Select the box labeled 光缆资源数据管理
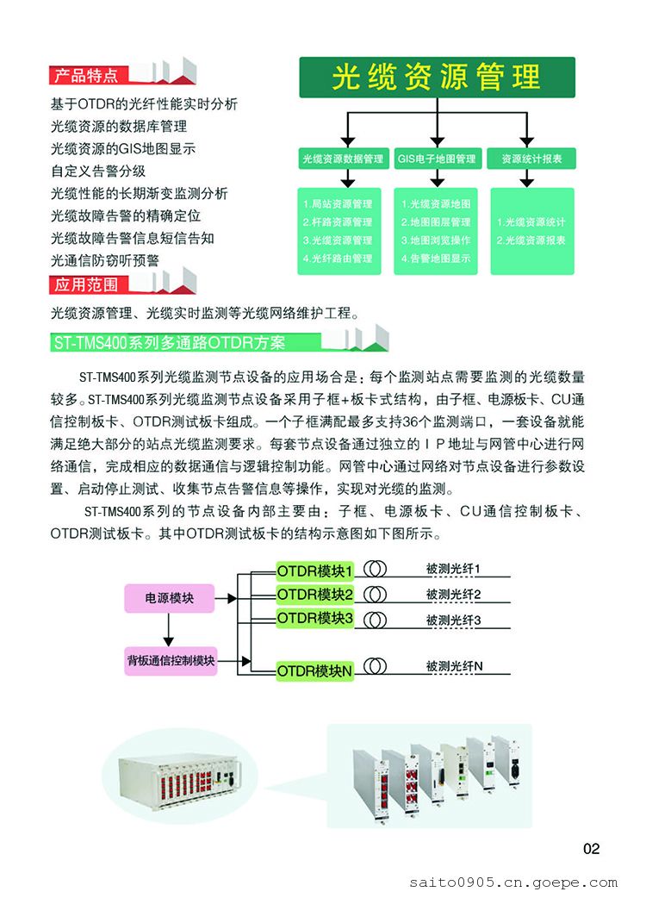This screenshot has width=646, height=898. (343, 159)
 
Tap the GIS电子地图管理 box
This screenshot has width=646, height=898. (436, 159)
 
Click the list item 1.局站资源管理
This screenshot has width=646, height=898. (338, 204)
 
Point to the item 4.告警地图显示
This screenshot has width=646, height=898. (436, 258)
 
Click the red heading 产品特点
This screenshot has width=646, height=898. (86, 75)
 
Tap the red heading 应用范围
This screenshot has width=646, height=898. (86, 284)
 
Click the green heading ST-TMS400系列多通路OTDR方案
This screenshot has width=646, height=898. (169, 343)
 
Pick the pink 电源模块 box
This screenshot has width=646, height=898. (169, 596)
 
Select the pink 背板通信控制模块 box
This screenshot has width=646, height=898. (170, 661)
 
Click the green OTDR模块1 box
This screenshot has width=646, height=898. (315, 571)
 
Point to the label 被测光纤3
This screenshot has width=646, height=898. (453, 620)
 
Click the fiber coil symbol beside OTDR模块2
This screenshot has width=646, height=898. (375, 594)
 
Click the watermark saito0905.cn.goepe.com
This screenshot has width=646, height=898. (512, 882)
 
